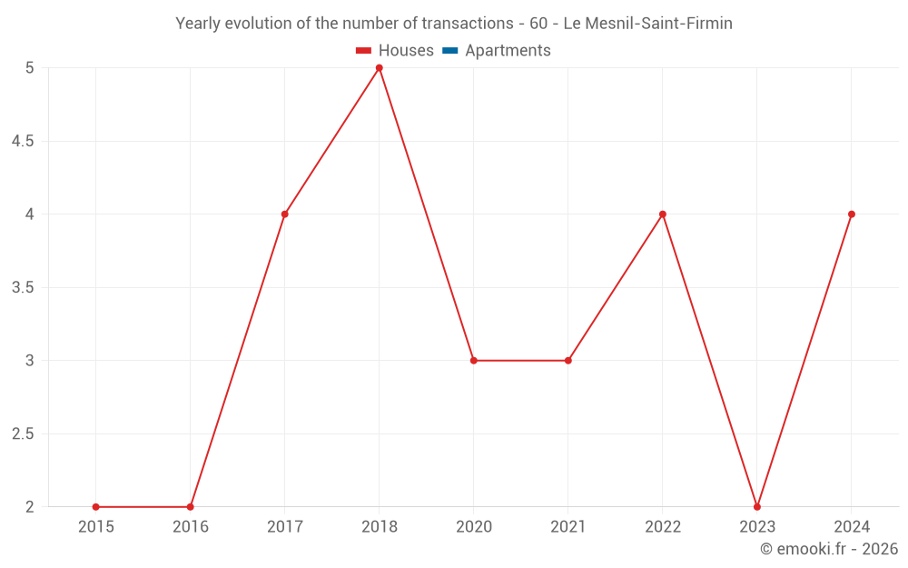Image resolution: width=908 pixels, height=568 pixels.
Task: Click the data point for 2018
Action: (x=380, y=68)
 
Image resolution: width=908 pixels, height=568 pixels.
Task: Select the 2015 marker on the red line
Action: (x=96, y=506)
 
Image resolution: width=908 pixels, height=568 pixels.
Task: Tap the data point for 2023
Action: (x=757, y=506)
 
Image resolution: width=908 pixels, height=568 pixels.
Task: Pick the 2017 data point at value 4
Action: (x=285, y=214)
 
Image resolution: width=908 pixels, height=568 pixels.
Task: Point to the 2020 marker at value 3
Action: (x=474, y=361)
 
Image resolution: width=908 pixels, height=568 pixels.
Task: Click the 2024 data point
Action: (x=852, y=214)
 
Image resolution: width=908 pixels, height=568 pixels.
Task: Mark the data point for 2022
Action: (x=663, y=214)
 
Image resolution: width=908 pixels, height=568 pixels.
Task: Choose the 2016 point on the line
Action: (x=191, y=506)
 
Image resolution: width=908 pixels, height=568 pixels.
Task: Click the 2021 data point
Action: (x=568, y=361)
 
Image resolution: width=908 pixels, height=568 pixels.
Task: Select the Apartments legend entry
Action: (x=508, y=51)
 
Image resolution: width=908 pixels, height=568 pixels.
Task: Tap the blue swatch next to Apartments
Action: (x=449, y=51)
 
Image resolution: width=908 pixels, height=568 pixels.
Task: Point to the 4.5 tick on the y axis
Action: (x=23, y=141)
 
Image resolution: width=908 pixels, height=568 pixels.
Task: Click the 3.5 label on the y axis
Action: (x=23, y=287)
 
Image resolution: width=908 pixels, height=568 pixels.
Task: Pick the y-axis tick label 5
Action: (x=29, y=68)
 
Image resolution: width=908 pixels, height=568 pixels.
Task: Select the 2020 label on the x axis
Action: (x=474, y=526)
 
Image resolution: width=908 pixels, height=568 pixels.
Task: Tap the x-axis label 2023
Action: (x=757, y=526)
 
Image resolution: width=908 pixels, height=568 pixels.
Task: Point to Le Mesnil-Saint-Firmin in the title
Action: (x=648, y=24)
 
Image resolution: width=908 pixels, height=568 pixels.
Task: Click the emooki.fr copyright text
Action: (x=829, y=549)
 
